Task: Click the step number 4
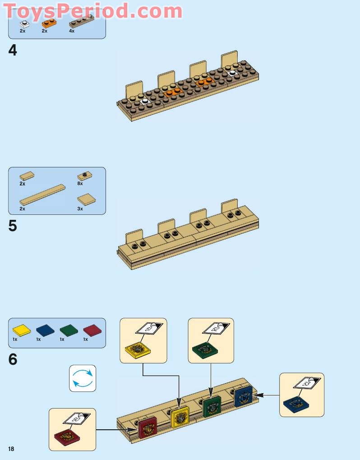coord(13,51)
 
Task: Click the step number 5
coord(13,226)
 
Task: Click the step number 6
coord(13,360)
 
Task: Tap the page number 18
coord(11,448)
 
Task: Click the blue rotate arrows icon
coord(83,378)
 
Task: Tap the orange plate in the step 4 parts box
coord(47,23)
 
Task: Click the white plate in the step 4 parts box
coord(24,23)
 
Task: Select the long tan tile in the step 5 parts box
coord(42,195)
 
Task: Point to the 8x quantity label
coord(80,184)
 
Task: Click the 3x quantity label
coord(80,209)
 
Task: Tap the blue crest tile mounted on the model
coord(243,396)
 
